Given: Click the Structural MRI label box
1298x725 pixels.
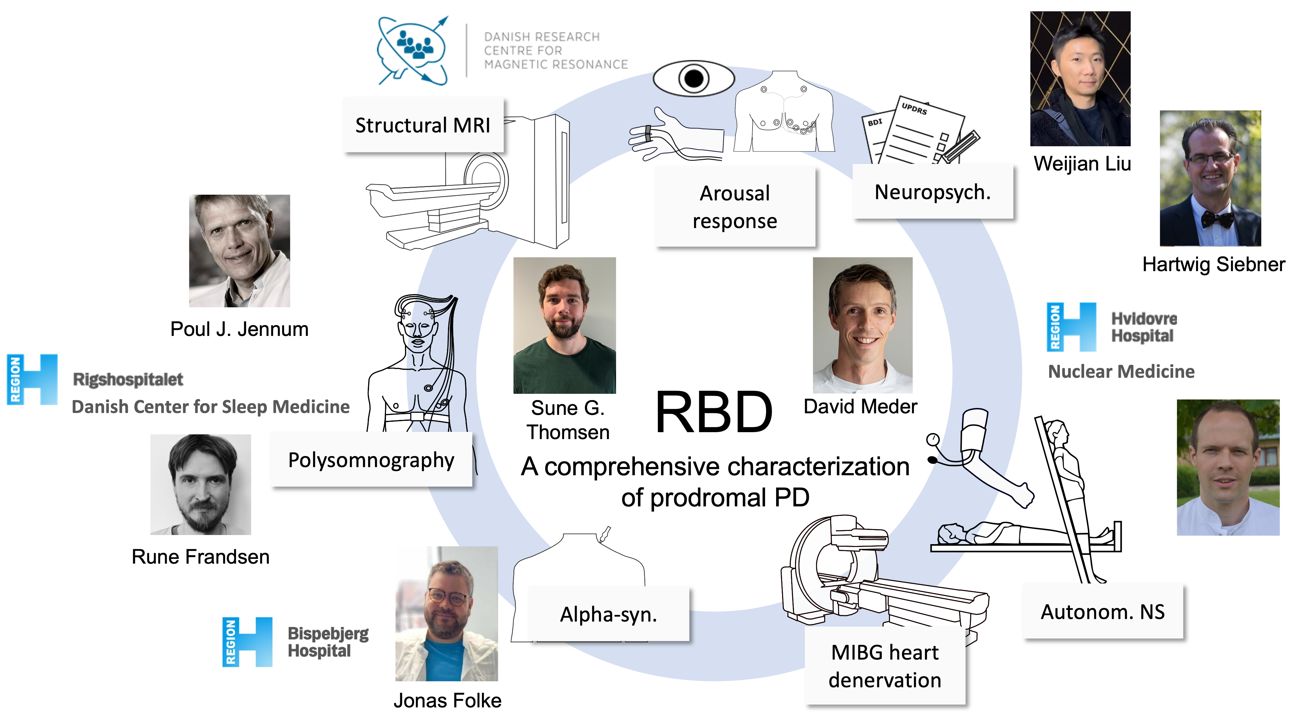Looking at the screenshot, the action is point(423,125).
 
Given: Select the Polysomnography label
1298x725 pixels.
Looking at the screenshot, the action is point(371,460).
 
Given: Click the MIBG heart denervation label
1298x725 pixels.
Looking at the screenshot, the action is point(885,666).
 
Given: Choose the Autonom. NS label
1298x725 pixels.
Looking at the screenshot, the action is point(1103,612).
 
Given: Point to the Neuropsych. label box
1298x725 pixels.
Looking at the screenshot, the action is point(933,192).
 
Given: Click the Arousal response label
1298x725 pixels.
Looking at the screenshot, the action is point(735,207).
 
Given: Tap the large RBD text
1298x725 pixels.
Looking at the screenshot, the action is point(714,412).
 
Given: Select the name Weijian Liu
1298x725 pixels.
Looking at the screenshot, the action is point(1082,164).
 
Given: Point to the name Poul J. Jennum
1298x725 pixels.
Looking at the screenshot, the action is point(239,329).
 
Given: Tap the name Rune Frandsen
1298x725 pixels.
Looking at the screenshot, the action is point(200,557).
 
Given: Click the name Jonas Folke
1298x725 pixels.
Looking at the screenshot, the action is point(447,700).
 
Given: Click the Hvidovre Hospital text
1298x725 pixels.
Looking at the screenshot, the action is point(1144,327).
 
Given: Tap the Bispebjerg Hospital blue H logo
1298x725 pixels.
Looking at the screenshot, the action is point(247,642).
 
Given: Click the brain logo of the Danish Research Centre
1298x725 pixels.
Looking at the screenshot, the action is point(413,50).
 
